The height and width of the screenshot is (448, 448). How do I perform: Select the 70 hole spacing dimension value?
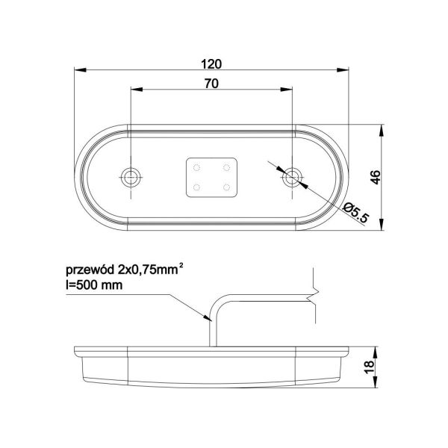pos(211,84)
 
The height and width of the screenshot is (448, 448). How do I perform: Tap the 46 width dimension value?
pos(376,176)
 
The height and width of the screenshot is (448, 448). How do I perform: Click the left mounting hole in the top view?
pos(131,176)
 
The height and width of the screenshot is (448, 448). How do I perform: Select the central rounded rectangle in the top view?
pos(212,176)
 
